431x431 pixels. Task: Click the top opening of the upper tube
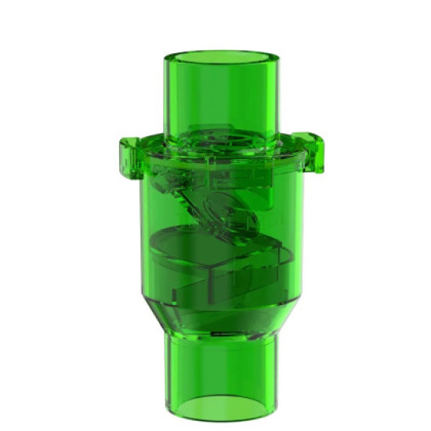222,58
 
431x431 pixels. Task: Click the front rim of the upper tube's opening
222,71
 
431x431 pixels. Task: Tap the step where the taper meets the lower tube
222,337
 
